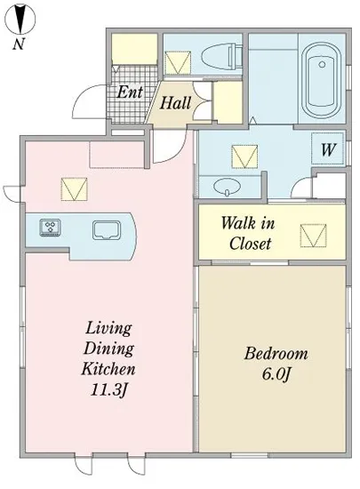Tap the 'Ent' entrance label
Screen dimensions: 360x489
[x=130, y=92]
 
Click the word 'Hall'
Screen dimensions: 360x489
[x=175, y=103]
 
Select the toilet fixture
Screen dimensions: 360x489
[x=222, y=57]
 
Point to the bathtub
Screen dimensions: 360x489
[x=323, y=80]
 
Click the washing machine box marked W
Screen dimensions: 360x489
[x=328, y=149]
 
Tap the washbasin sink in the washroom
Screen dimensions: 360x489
[x=228, y=187]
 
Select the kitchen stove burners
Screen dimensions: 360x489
[x=50, y=227]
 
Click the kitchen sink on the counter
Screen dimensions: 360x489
[x=107, y=230]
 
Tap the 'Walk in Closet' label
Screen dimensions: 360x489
[x=248, y=233]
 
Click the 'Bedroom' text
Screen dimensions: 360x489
[x=276, y=354]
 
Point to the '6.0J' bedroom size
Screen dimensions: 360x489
[x=276, y=374]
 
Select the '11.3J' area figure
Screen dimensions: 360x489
[x=108, y=389]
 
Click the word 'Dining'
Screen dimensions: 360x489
[x=108, y=349]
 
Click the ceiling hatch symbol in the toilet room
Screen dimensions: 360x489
[x=178, y=63]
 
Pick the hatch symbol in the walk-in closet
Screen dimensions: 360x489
[x=313, y=236]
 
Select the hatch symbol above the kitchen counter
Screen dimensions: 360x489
[x=74, y=189]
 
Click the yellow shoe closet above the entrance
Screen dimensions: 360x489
[x=134, y=49]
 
